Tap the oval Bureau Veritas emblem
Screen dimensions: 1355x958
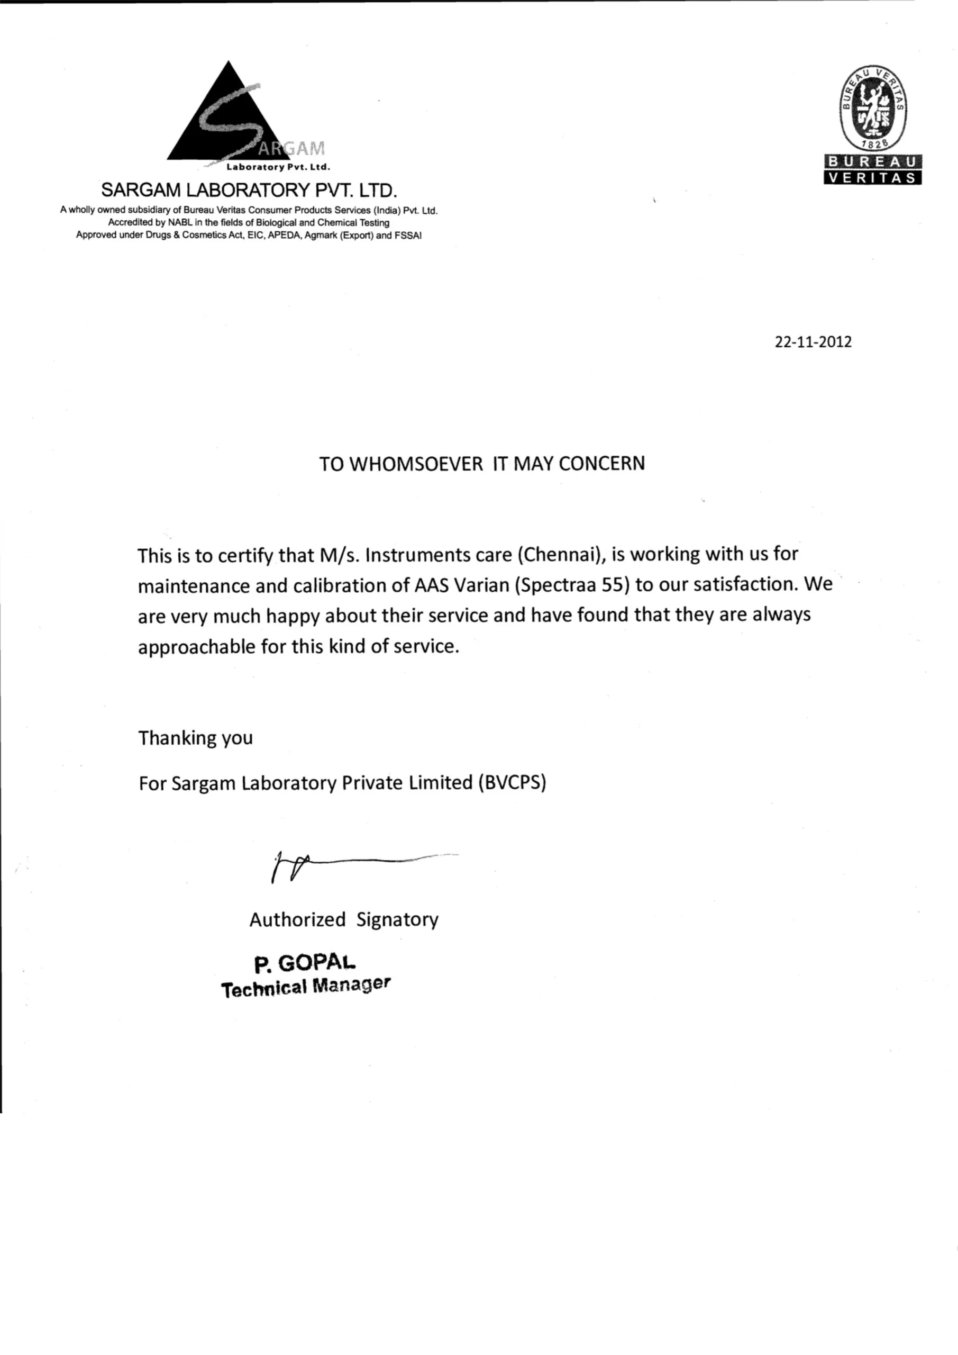[873, 107]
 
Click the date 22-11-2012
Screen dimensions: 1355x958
[813, 342]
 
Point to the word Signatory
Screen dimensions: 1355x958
[397, 919]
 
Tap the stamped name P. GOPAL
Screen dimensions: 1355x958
[305, 964]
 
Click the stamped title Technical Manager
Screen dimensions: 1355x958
[306, 987]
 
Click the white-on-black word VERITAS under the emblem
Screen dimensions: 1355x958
[872, 178]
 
